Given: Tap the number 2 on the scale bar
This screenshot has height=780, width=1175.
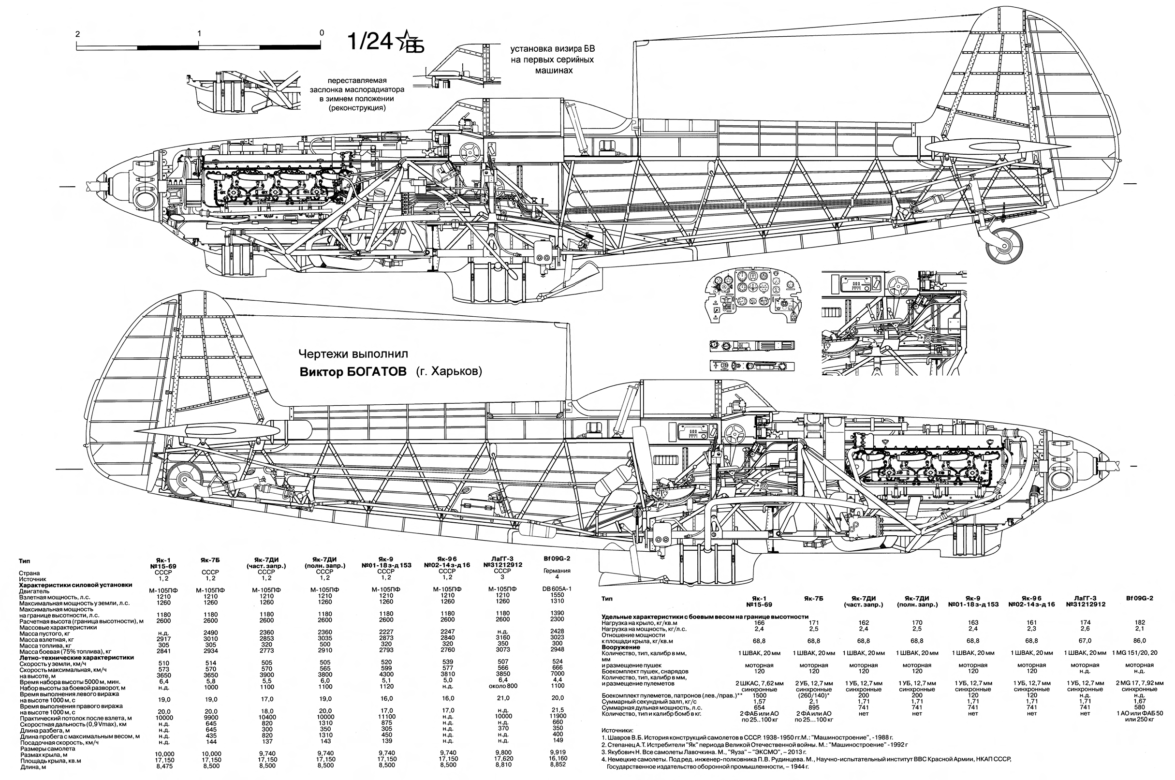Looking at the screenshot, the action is [x=77, y=34].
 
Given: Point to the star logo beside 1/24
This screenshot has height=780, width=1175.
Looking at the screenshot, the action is [x=409, y=41].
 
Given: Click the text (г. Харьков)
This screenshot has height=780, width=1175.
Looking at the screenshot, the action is [x=446, y=372].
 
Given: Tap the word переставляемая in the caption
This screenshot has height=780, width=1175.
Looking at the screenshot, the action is [x=357, y=81].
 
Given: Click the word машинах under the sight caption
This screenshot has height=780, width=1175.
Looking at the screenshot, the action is [x=553, y=71].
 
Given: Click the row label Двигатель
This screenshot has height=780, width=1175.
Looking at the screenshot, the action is [x=34, y=591].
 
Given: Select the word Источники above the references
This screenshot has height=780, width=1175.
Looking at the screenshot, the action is [x=617, y=730].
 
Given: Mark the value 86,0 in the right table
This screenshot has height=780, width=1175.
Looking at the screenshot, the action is [x=1139, y=641].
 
